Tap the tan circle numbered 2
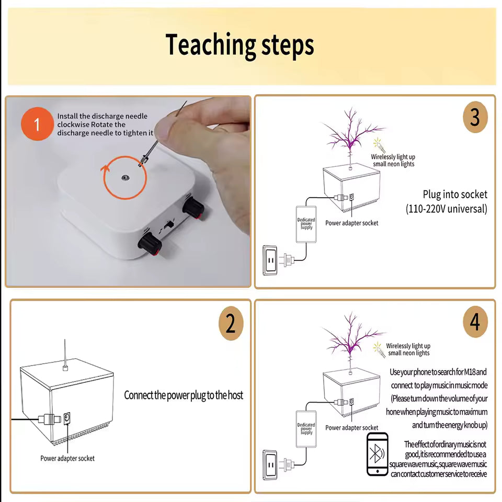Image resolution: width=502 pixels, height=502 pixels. pos(231,324)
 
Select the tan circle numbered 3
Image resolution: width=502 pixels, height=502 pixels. pos(475,117)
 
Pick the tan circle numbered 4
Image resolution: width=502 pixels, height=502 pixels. pos(475,322)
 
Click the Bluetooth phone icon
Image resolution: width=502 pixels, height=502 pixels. pos(377,454)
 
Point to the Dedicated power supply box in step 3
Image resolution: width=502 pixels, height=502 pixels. pos(306,224)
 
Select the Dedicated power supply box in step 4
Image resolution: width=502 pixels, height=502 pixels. pos(306,428)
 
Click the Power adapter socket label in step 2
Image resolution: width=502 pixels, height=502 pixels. pos(67,459)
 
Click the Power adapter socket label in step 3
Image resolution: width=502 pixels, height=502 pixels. pos(351,223)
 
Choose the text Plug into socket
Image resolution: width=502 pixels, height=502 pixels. pos(454,195)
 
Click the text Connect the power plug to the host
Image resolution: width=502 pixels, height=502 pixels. pos(184,395)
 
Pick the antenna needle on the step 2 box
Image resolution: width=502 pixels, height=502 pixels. pos(64,353)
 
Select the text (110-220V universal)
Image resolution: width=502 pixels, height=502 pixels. pos(447,209)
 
